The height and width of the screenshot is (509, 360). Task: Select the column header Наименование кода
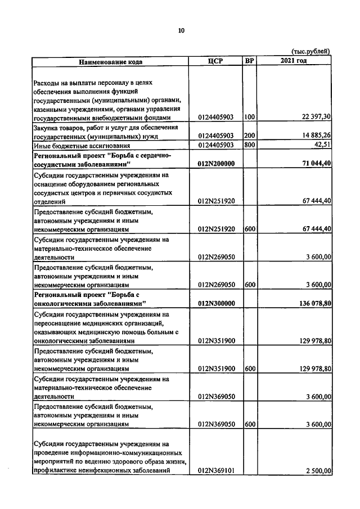point(110,61)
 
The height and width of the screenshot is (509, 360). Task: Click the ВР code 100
point(250,118)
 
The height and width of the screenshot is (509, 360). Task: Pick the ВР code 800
point(250,145)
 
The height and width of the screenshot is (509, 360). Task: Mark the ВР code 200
point(250,136)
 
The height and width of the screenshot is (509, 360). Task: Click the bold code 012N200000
point(216,164)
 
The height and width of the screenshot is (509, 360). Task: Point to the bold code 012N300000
point(216,304)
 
